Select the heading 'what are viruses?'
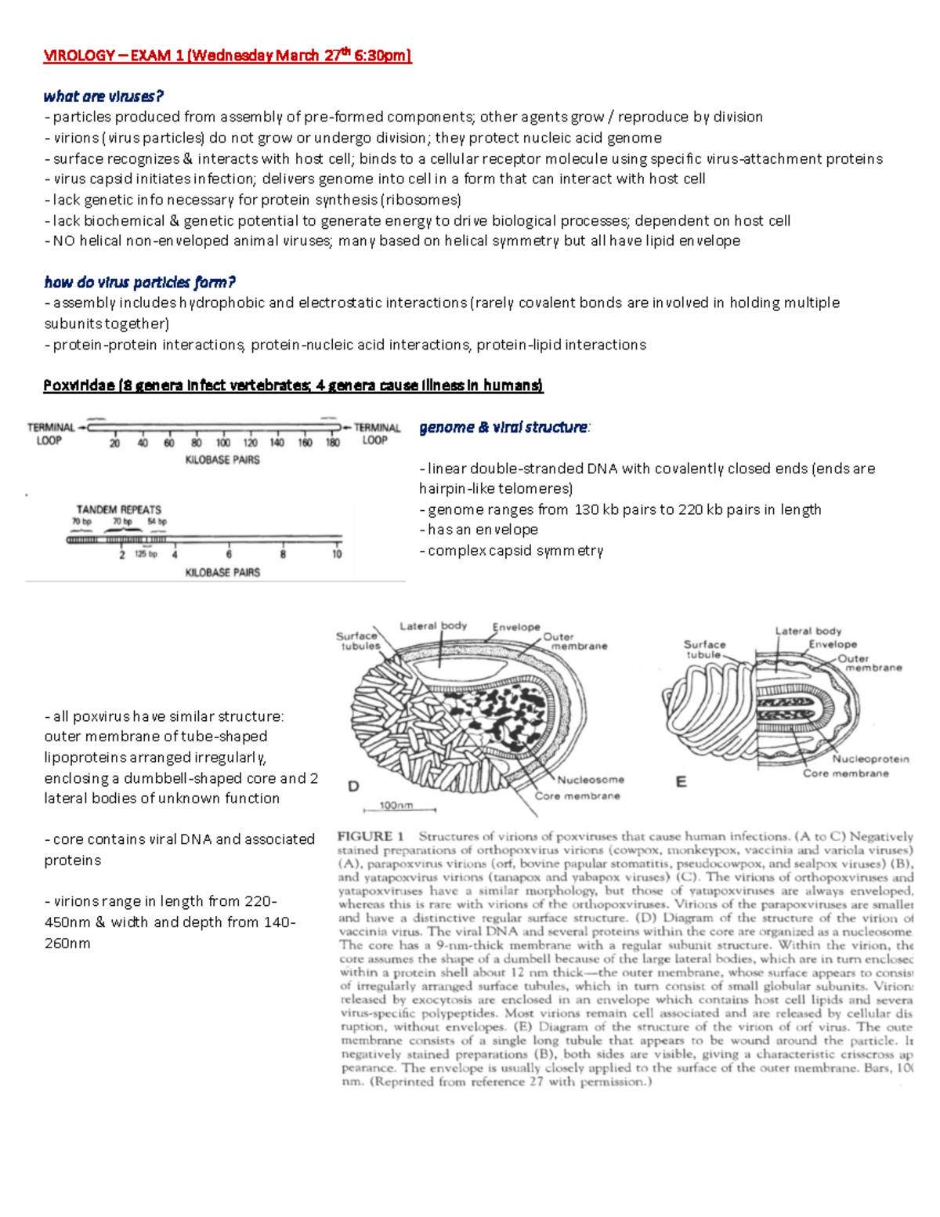coord(103,96)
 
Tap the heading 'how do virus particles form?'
coord(139,282)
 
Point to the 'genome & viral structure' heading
coord(504,427)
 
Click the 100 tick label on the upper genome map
coord(223,444)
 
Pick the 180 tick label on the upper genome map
coord(332,444)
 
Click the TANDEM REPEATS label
coord(118,509)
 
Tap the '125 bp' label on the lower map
coord(146,554)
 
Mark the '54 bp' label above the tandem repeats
coord(157,522)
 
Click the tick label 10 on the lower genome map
coord(337,554)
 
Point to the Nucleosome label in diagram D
coord(591,780)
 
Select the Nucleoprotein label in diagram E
coord(870,759)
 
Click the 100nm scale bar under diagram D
coord(396,807)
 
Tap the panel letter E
coord(681,781)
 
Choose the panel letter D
coord(353,786)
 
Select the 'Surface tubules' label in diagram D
coord(359,641)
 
